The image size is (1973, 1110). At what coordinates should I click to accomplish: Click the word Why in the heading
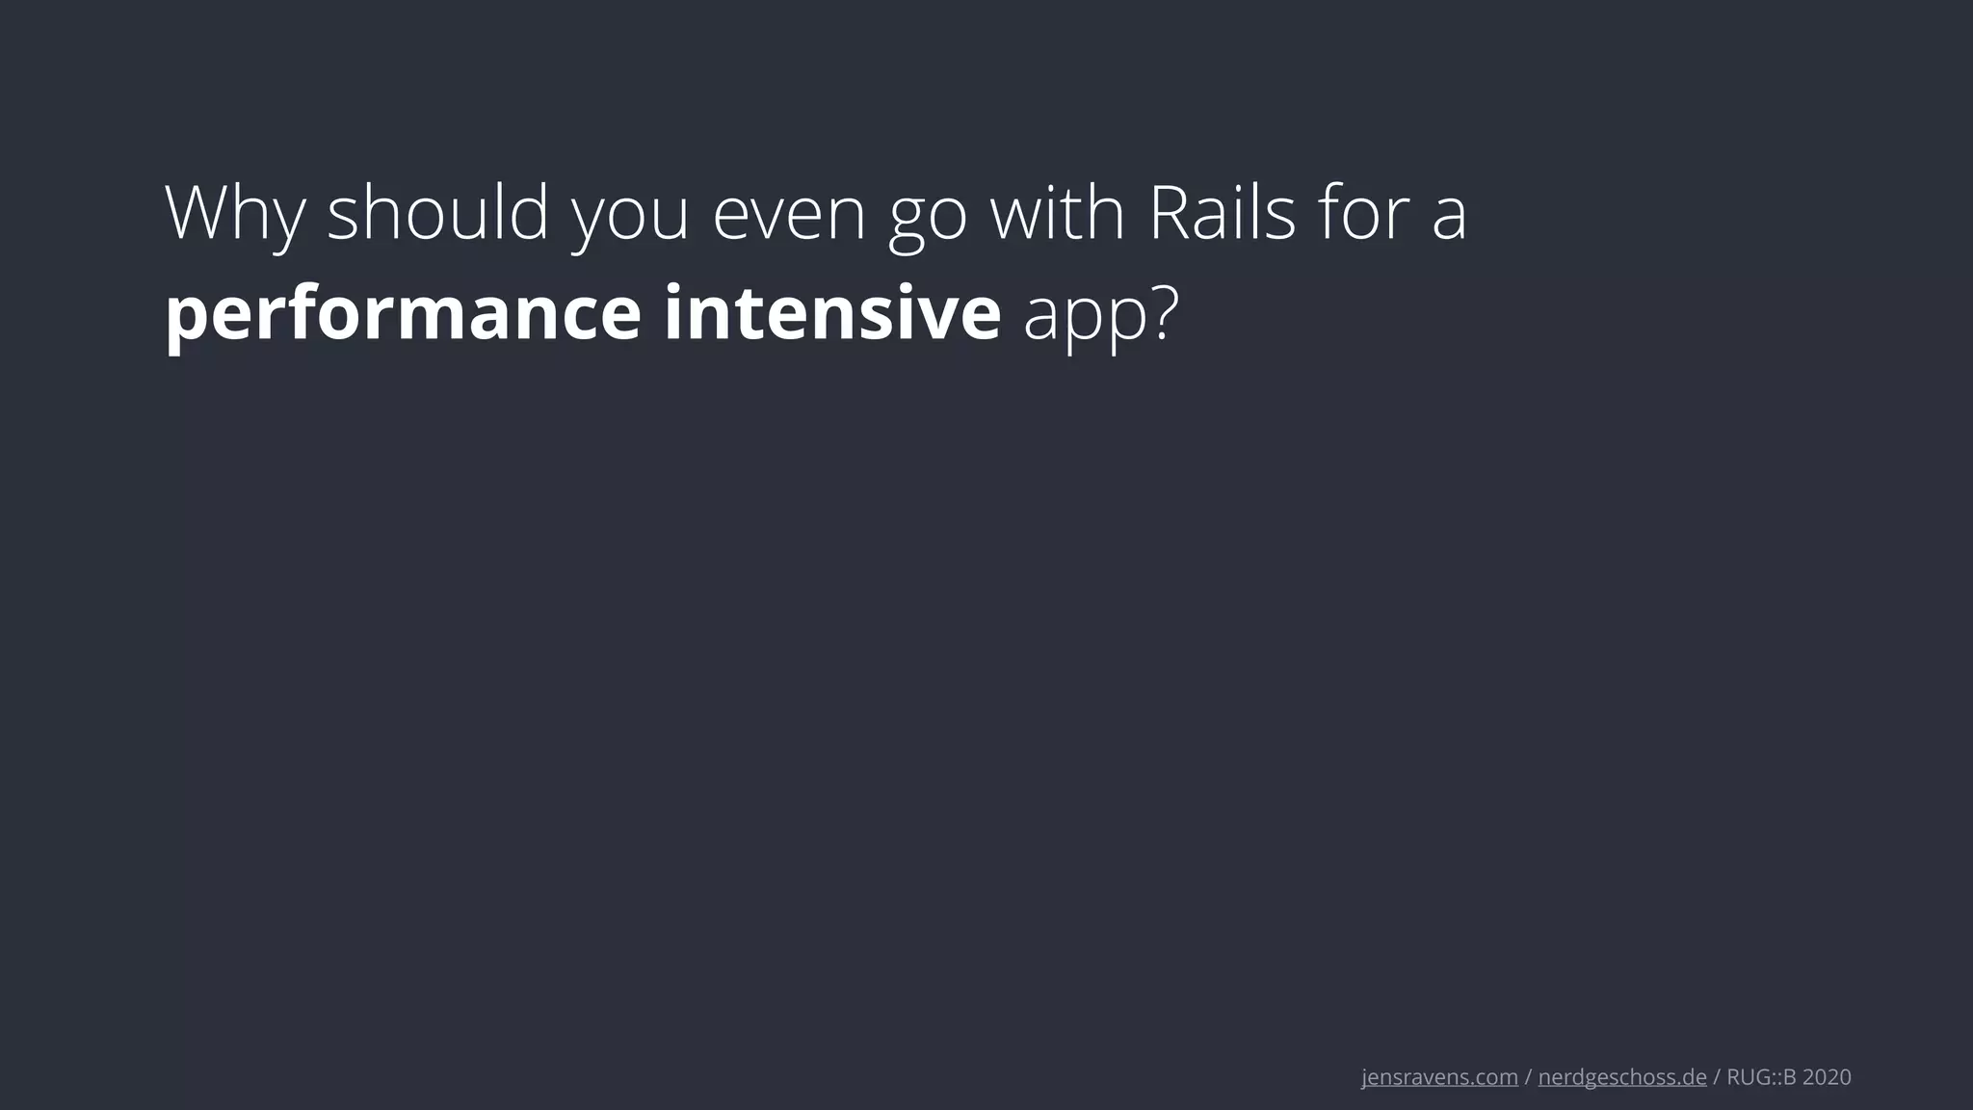tap(235, 214)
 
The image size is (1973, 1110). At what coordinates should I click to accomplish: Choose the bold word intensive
tap(832, 312)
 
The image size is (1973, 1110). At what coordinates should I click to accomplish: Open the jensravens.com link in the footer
tap(1439, 1077)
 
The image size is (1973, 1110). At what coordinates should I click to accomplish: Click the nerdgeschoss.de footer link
tap(1622, 1077)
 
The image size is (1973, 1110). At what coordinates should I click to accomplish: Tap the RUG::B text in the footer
tap(1761, 1077)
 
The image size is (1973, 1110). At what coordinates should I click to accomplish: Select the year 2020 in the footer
tap(1827, 1077)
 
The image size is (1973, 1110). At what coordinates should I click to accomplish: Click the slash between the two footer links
tap(1528, 1077)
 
